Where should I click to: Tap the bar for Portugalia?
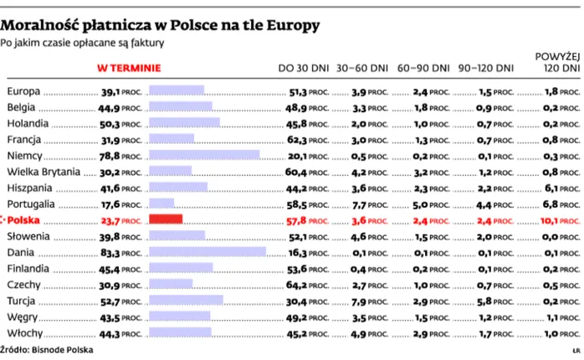161,203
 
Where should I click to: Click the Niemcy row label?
23,155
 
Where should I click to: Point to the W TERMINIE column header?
130,68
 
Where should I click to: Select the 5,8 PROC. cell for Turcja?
491,301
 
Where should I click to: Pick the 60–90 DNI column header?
423,68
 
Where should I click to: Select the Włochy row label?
23,333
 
